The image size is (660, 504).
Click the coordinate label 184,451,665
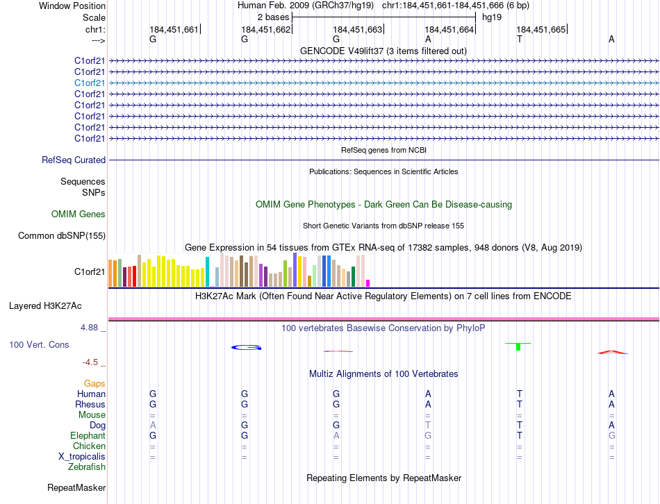(541, 29)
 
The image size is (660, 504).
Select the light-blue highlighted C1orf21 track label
(90, 83)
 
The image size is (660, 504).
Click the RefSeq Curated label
(74, 160)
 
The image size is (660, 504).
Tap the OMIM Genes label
(79, 215)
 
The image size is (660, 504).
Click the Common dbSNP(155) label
(62, 236)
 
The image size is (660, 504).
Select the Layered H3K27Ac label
(45, 305)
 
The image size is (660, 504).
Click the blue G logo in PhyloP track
(246, 347)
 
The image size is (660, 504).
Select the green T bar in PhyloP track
(518, 346)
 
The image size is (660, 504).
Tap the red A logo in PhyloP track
(612, 352)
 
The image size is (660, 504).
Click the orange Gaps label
(94, 383)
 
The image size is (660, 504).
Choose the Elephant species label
(88, 435)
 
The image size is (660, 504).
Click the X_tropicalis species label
(82, 457)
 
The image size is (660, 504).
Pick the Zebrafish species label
(87, 467)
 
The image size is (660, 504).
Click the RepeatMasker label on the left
(76, 488)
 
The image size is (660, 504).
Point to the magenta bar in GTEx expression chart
(368, 283)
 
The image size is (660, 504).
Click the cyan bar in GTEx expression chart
(207, 271)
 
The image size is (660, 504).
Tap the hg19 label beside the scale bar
(492, 17)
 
